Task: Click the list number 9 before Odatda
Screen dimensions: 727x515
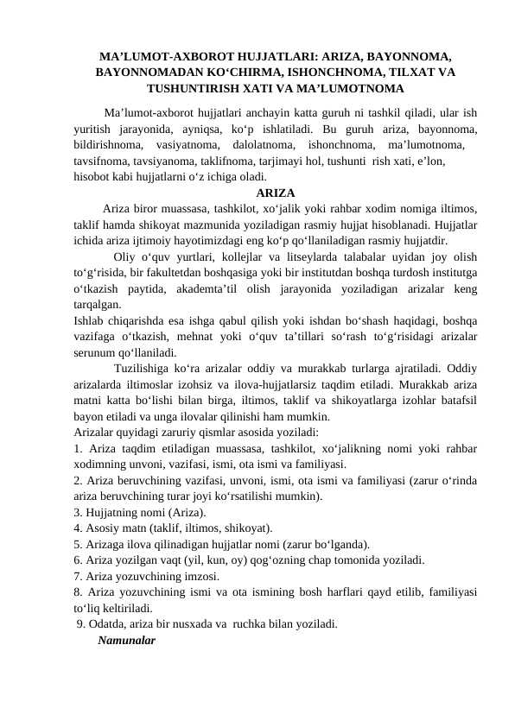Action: click(81, 623)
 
